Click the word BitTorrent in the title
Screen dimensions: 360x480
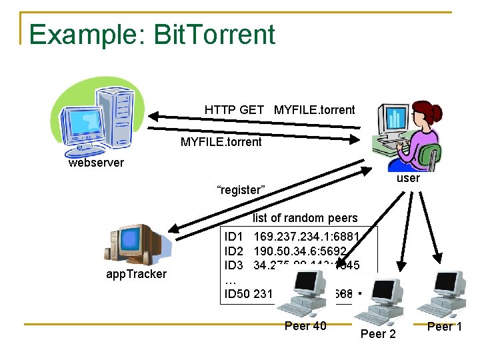(x=214, y=34)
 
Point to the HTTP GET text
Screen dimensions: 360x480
(x=234, y=110)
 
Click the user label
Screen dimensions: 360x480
(x=407, y=178)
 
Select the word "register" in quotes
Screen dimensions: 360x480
(x=241, y=190)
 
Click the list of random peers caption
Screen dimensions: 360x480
(x=305, y=218)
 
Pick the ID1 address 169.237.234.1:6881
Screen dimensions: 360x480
(x=306, y=237)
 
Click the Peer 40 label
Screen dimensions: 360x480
(x=305, y=326)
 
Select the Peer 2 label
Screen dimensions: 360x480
(x=378, y=333)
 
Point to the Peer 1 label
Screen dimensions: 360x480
(x=444, y=326)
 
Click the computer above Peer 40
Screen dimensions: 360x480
(x=303, y=294)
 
